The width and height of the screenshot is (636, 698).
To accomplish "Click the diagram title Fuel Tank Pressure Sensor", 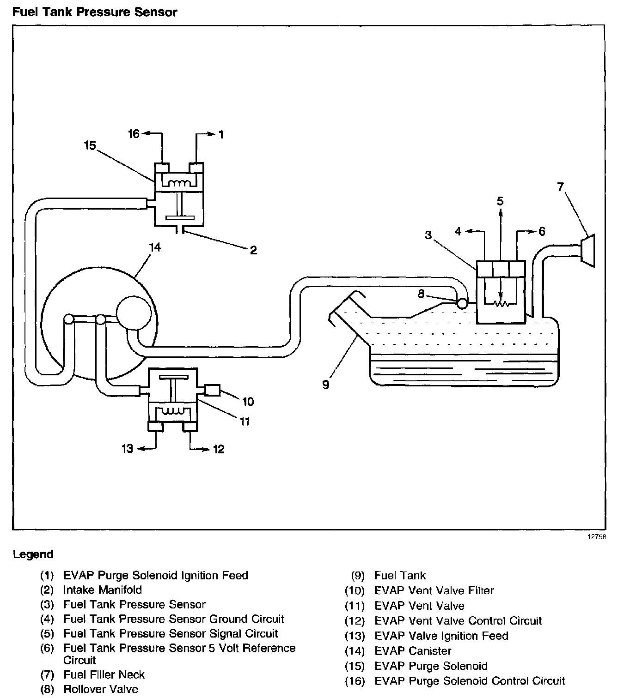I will point(95,12).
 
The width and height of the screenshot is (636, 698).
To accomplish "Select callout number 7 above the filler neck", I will point(560,187).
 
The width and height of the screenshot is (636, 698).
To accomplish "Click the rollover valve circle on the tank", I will point(461,303).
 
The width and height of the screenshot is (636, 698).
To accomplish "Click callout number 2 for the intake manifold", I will point(253,250).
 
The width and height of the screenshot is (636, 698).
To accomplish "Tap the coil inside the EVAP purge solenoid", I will point(178,184).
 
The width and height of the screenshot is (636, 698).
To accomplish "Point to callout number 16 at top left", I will point(134,134).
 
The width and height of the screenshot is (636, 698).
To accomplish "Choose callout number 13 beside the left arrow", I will point(127,448).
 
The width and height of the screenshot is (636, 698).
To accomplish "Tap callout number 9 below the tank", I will point(326,385).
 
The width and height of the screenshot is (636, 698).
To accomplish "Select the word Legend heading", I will point(33,554).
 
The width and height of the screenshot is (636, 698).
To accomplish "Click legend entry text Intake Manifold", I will point(103,590).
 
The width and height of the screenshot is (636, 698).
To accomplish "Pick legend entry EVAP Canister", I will point(412,651).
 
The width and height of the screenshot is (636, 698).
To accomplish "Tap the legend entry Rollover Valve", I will point(101,689).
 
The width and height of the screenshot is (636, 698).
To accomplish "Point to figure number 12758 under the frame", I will point(596,537).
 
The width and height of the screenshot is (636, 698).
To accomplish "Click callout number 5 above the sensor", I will point(500,201).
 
